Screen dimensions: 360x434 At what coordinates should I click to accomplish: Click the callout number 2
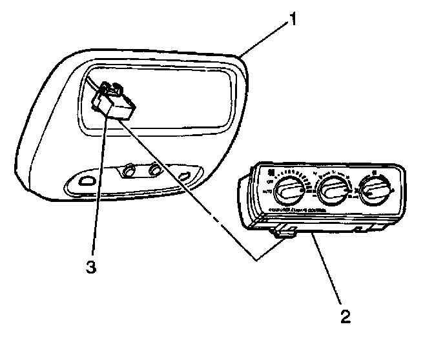point(346,316)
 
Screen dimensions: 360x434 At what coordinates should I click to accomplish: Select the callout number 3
point(91,266)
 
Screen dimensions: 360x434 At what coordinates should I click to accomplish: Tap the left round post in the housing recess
point(129,171)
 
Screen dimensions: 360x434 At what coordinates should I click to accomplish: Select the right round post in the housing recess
point(155,170)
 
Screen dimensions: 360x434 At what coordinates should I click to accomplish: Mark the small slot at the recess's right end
point(185,176)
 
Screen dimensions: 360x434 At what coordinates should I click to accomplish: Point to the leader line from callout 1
point(265,39)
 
